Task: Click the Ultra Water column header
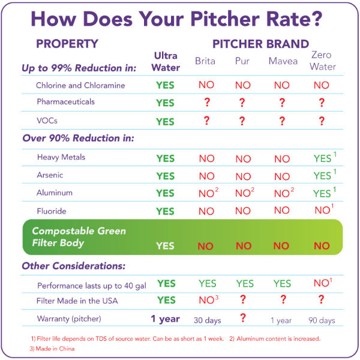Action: pos(166,62)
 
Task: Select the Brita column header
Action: pos(205,61)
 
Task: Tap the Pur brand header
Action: pos(242,61)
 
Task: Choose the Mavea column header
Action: pos(281,61)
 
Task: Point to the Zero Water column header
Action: pos(322,61)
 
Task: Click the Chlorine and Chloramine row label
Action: pos(80,85)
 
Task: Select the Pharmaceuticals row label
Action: pos(65,102)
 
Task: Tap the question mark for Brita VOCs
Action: pos(206,121)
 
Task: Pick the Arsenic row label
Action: pos(50,176)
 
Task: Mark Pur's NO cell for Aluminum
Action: pos(244,193)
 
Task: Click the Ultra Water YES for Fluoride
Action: pos(166,211)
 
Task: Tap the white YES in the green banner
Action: pos(166,246)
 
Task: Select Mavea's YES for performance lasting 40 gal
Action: pos(281,283)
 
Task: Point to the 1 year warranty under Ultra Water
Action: pos(166,319)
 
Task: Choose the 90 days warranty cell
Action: pos(322,320)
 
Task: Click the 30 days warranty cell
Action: pos(206,320)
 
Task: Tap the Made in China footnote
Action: pos(52,348)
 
